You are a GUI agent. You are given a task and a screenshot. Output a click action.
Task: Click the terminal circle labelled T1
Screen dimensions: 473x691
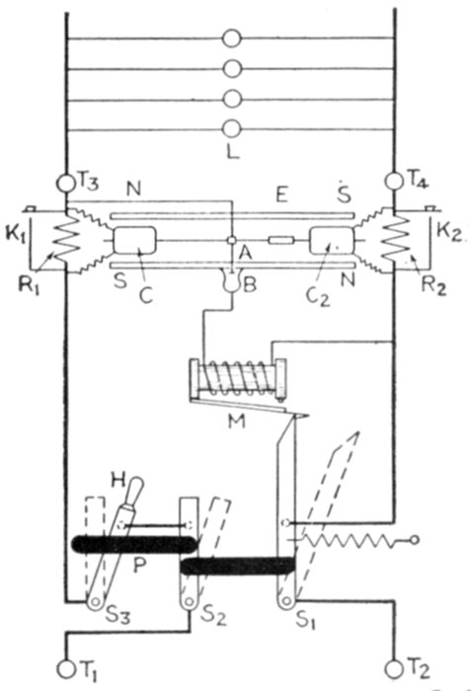click(x=66, y=669)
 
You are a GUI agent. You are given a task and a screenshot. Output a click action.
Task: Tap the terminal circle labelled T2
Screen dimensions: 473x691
click(x=393, y=669)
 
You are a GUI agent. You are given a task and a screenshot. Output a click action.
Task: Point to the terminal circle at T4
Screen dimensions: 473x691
click(x=394, y=181)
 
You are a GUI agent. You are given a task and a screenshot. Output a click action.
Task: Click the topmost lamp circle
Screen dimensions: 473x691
click(x=232, y=38)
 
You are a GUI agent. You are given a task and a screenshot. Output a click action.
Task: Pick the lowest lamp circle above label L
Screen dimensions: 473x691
click(x=232, y=128)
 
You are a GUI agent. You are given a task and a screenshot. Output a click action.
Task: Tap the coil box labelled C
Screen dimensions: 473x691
click(x=135, y=240)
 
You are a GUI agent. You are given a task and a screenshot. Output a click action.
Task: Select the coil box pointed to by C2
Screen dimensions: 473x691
click(x=332, y=241)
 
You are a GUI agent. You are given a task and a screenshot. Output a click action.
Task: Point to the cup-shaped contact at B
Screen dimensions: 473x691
click(x=232, y=283)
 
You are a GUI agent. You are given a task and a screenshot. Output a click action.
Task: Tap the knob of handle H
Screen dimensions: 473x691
click(x=136, y=488)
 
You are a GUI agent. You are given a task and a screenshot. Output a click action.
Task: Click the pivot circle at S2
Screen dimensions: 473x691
click(x=190, y=600)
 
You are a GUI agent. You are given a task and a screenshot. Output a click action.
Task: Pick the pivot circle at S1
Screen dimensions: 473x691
click(x=287, y=600)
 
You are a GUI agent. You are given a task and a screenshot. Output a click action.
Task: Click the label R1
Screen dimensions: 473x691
click(x=29, y=285)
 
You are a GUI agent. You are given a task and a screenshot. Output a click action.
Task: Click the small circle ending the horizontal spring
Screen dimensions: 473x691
click(x=414, y=539)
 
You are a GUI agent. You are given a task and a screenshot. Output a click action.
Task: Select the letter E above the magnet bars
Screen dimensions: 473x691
click(x=281, y=194)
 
